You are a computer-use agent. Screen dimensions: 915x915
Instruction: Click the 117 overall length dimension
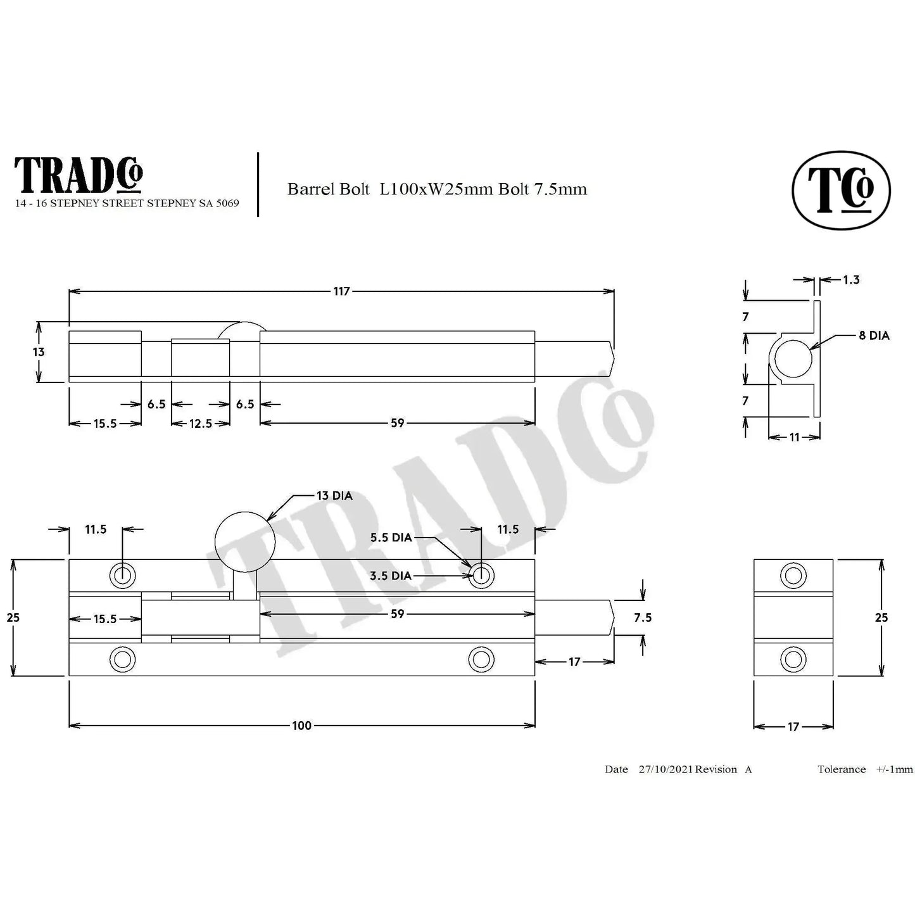(x=341, y=291)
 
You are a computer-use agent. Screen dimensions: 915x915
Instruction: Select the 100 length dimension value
(x=301, y=726)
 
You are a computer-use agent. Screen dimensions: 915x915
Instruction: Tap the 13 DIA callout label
(x=334, y=496)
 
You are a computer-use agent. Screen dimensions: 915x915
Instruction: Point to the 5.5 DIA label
(x=391, y=538)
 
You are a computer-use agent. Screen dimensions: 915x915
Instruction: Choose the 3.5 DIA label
(x=391, y=576)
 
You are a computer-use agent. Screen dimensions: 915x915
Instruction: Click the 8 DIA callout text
(x=874, y=336)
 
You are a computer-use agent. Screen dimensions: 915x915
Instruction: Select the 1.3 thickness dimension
(x=851, y=279)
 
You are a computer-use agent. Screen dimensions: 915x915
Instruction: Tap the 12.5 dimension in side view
(x=200, y=423)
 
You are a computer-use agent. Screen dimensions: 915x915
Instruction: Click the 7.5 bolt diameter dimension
(x=643, y=617)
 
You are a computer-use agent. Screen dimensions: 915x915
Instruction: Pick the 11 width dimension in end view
(x=795, y=437)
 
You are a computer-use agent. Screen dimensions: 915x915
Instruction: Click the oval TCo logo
(x=841, y=189)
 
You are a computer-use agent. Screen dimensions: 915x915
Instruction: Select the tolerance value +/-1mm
(x=894, y=769)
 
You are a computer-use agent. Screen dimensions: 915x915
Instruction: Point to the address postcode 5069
(x=226, y=203)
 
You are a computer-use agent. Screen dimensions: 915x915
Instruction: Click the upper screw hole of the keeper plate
(x=793, y=576)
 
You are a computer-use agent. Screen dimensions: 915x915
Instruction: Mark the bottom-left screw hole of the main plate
(x=122, y=660)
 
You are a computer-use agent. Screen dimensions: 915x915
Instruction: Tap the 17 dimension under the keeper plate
(x=793, y=727)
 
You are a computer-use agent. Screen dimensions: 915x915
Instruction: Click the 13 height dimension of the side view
(x=39, y=352)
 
